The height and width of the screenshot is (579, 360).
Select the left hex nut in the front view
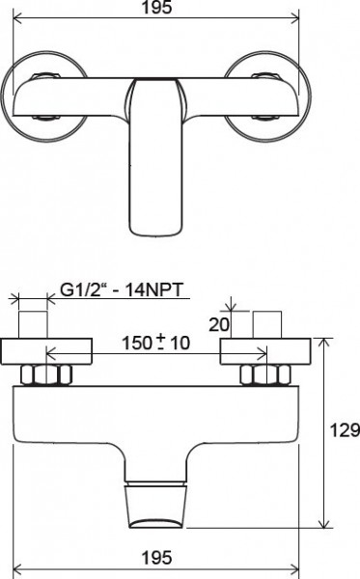coord(42,376)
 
